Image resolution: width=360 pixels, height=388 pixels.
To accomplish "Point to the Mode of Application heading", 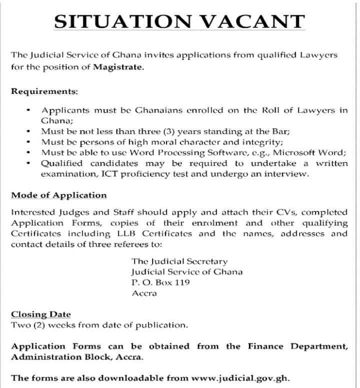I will click(58, 195).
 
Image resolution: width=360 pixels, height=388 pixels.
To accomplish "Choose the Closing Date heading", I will click(41, 315).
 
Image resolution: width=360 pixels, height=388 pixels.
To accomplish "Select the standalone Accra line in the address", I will click(144, 294).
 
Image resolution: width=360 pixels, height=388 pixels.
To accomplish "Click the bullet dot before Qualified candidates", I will click(29, 164).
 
